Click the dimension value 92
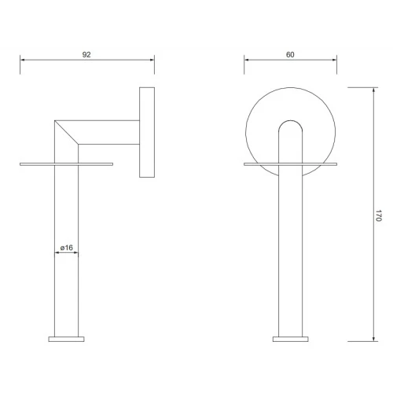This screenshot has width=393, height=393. pyautogui.click(x=86, y=54)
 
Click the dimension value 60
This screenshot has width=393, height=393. pyautogui.click(x=290, y=54)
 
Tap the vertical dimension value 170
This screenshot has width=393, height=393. pyautogui.click(x=379, y=215)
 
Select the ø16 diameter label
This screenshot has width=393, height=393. pyautogui.click(x=67, y=248)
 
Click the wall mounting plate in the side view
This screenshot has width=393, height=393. pyautogui.click(x=147, y=132)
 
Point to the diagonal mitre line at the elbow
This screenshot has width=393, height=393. pyautogui.click(x=66, y=132)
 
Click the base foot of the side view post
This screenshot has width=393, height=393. pyautogui.click(x=66, y=339)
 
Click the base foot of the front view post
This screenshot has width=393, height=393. pyautogui.click(x=291, y=339)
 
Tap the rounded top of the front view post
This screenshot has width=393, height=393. pyautogui.click(x=291, y=120)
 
